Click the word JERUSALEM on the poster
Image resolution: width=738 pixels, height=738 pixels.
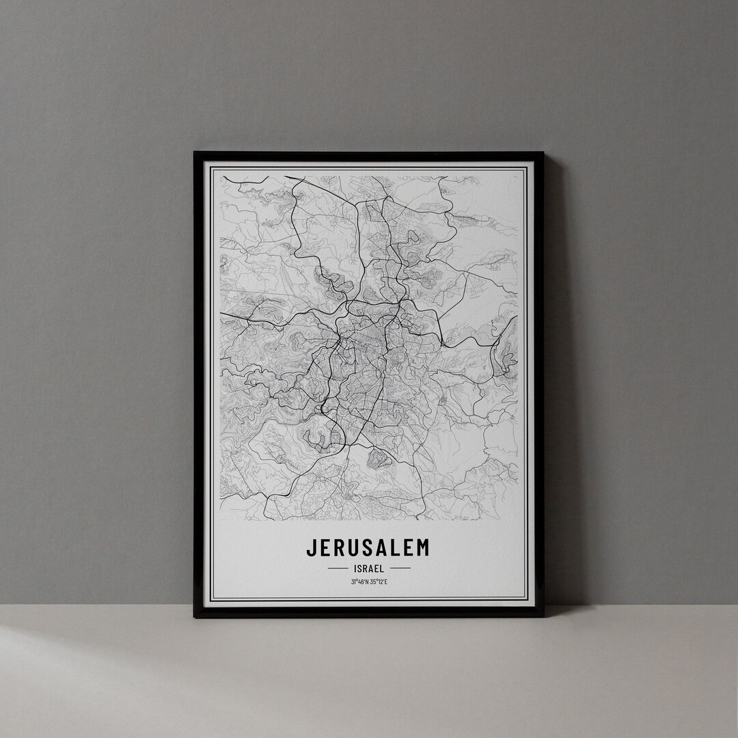tap(368, 548)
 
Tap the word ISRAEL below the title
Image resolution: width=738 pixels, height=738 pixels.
tap(369, 568)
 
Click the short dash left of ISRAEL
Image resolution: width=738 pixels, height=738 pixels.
tap(338, 568)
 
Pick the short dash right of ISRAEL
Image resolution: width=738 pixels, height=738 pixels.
tap(400, 568)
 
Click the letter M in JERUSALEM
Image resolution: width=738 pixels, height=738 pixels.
tap(423, 548)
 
